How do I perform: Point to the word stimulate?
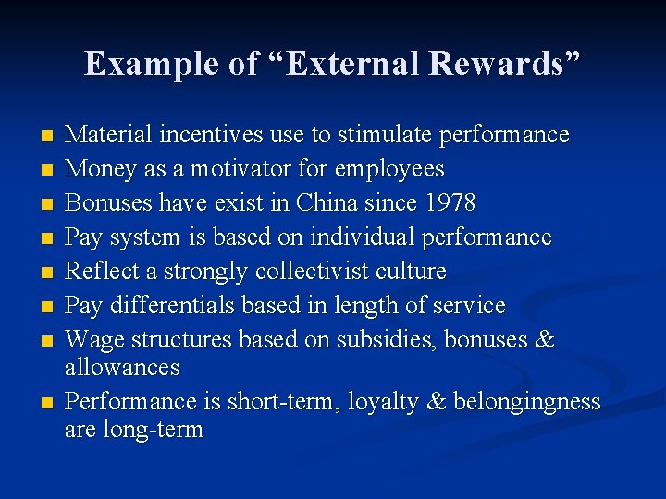point(383,135)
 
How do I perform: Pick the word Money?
point(98,169)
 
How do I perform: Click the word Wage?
point(94,339)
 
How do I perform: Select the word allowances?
point(122,368)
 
